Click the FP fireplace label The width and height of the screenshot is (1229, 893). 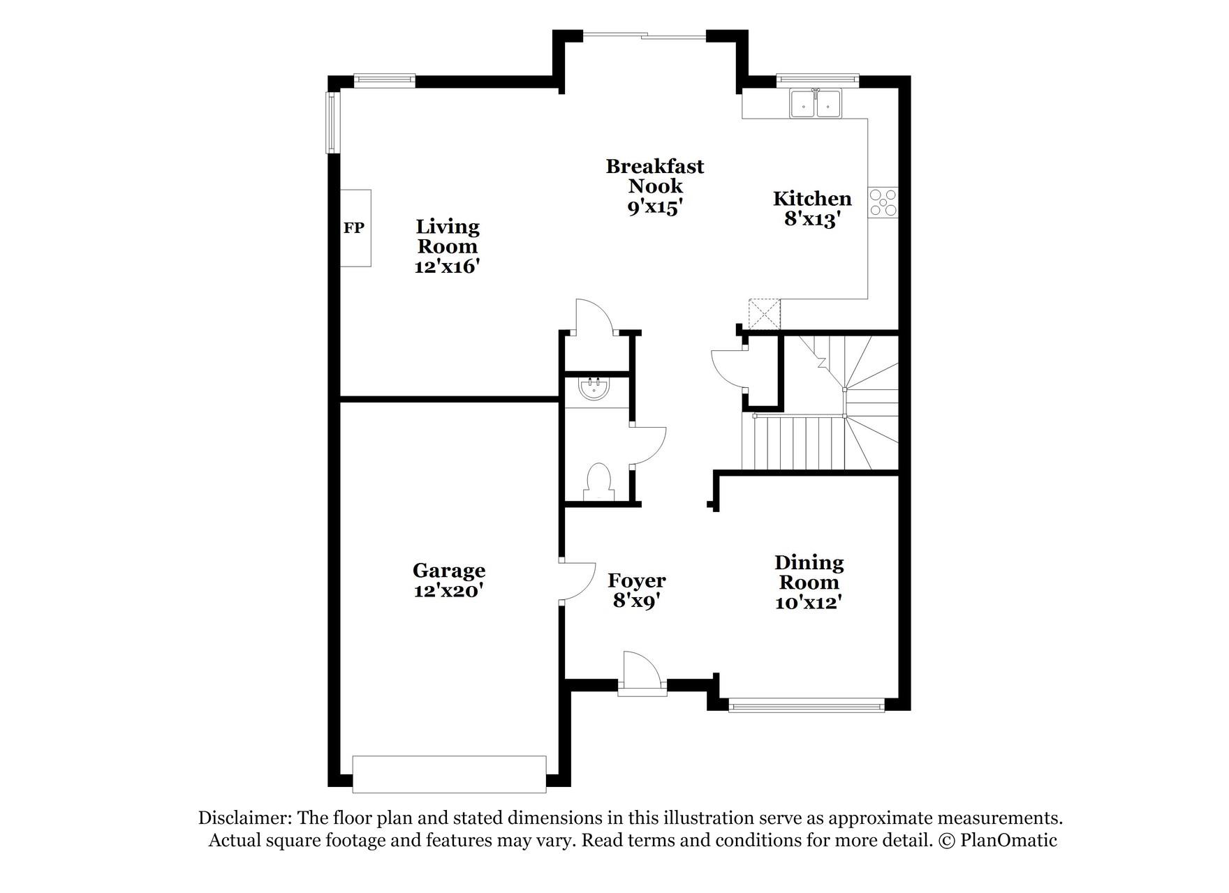(353, 227)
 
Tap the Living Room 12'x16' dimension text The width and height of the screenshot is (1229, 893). (447, 266)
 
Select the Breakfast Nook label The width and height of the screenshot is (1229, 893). (654, 176)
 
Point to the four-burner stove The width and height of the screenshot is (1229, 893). (883, 203)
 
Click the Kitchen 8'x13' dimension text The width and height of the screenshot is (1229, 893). (811, 219)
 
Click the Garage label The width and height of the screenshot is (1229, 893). (448, 571)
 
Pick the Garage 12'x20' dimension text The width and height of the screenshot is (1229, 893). (448, 591)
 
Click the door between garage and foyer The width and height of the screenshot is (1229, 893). (576, 581)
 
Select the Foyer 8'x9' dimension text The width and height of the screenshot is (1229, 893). (636, 601)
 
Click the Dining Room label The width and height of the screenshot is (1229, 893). (809, 572)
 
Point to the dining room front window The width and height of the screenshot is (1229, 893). (807, 705)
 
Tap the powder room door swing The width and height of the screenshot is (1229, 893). (647, 445)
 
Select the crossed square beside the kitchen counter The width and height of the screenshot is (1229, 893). (764, 314)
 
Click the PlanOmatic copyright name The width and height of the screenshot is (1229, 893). (1008, 840)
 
